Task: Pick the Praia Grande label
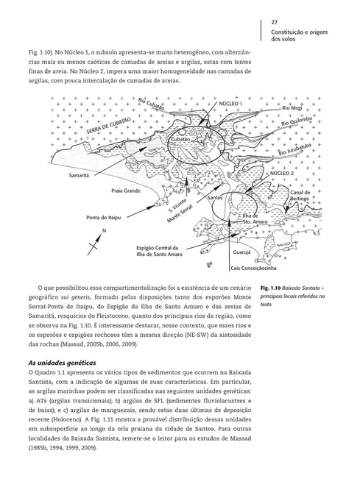pos(126,191)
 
